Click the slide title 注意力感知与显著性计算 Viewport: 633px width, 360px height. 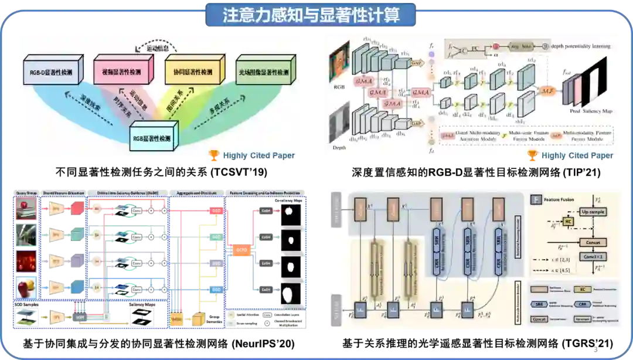pyautogui.click(x=311, y=15)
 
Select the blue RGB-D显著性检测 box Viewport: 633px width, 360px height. pyautogui.click(x=50, y=73)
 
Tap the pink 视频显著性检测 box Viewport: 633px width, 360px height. pyautogui.click(x=122, y=72)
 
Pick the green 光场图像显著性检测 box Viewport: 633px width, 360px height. pyautogui.click(x=263, y=73)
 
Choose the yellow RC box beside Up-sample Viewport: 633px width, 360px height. pyautogui.click(x=567, y=222)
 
